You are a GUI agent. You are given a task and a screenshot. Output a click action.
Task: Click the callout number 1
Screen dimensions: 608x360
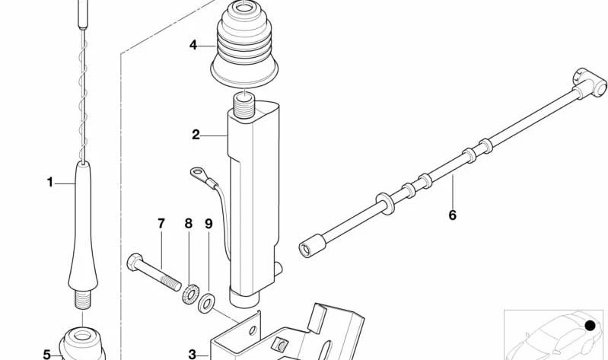[49, 182]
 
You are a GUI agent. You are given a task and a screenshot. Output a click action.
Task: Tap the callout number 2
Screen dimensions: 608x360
[196, 135]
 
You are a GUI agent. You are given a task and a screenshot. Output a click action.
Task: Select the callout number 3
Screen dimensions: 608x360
[193, 354]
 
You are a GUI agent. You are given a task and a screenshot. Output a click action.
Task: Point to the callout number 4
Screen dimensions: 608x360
[193, 45]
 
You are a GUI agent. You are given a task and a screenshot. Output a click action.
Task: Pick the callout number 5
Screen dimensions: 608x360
[46, 354]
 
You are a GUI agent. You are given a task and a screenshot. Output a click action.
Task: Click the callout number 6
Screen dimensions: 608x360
[453, 215]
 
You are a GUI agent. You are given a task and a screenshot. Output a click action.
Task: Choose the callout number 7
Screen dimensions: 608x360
[161, 224]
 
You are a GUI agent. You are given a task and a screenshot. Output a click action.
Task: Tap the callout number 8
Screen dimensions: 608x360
[189, 224]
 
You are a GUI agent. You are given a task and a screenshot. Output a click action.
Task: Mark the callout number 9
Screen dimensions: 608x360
[209, 224]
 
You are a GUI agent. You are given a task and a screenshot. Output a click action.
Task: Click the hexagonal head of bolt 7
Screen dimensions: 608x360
[135, 262]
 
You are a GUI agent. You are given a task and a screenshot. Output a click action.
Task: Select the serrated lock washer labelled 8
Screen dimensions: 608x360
[190, 295]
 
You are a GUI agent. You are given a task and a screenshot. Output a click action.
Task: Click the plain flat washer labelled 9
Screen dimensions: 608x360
[206, 304]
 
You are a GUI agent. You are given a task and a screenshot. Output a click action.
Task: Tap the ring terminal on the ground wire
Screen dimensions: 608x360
[197, 173]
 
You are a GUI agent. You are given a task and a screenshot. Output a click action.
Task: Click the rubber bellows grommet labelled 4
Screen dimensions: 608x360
[244, 43]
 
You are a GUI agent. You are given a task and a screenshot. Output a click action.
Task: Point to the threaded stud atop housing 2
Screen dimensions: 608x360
[244, 106]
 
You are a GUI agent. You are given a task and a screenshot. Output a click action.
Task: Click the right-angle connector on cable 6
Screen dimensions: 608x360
[589, 82]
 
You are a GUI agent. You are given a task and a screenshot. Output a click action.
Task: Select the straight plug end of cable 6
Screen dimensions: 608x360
[312, 246]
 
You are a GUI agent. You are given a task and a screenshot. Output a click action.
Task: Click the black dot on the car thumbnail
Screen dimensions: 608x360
[590, 326]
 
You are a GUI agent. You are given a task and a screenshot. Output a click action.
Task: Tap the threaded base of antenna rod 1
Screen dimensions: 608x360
[83, 299]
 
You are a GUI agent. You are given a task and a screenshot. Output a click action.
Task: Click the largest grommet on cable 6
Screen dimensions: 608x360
[384, 204]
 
